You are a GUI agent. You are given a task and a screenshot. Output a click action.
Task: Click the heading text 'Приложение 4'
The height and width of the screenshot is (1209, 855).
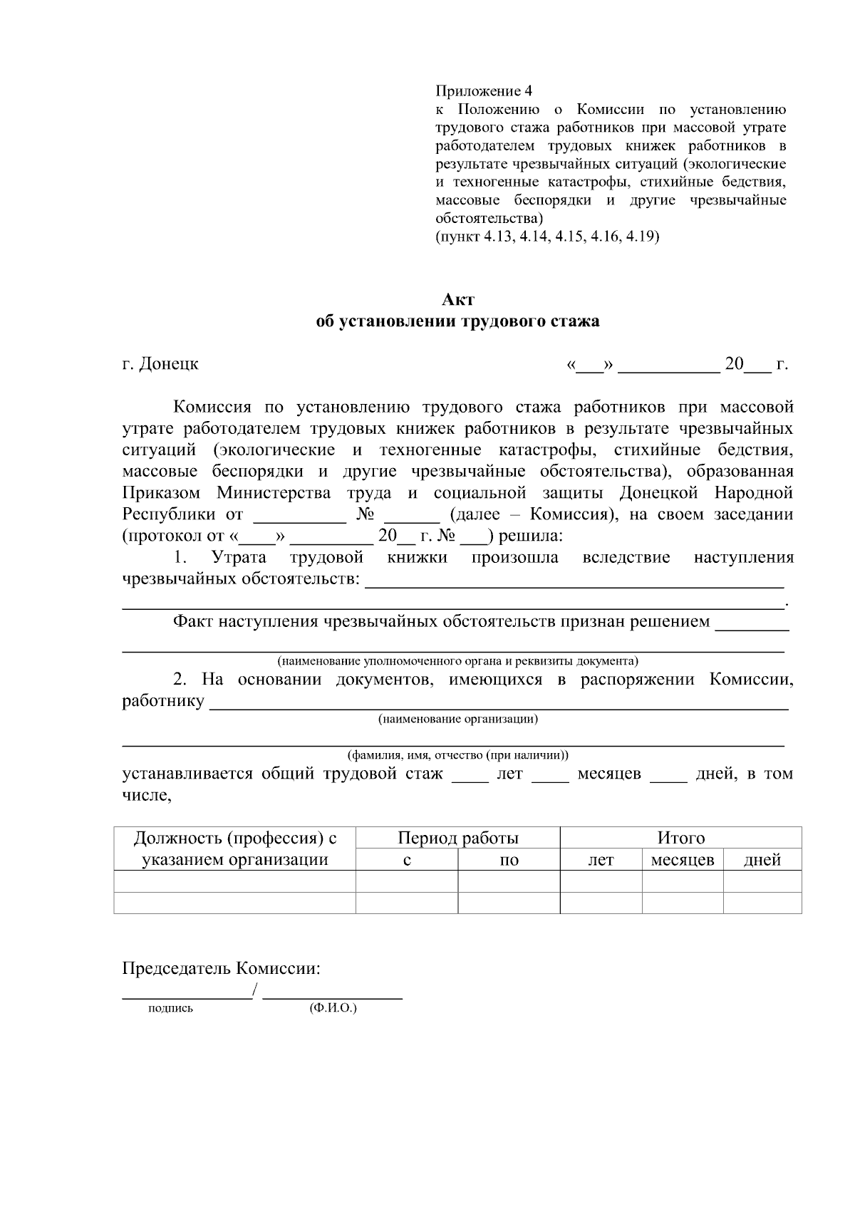tap(483, 91)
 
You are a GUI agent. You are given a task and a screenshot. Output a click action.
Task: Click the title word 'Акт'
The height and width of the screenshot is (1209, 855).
tap(457, 300)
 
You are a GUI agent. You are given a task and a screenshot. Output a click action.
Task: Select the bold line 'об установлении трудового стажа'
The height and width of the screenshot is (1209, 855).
tap(457, 321)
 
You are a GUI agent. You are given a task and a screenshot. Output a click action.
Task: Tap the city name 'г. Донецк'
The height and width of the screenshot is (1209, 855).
tap(160, 364)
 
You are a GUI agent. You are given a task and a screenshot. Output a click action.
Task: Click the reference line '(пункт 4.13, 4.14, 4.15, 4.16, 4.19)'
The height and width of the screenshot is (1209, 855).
tap(547, 237)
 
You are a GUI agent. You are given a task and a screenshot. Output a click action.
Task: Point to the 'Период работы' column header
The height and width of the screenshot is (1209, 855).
tap(457, 838)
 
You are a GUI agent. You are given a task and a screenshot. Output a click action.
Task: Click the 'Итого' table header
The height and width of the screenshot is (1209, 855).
tap(680, 838)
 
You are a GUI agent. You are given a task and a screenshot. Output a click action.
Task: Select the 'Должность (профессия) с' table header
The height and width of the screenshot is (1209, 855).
tap(234, 838)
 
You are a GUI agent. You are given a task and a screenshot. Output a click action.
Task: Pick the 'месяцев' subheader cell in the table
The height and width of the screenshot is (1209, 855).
tap(683, 860)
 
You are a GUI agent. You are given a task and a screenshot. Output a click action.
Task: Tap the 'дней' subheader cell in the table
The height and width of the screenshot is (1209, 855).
tap(762, 860)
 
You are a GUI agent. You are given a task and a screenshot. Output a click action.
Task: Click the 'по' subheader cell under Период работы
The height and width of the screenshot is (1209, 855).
tap(509, 860)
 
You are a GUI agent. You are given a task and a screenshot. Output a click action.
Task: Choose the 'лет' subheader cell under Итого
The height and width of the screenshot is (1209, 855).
tap(600, 860)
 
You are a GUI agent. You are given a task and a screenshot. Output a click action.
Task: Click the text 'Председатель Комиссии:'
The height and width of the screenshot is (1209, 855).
tap(221, 969)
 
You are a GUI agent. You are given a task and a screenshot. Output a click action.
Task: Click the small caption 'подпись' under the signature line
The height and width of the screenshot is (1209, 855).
tap(170, 1009)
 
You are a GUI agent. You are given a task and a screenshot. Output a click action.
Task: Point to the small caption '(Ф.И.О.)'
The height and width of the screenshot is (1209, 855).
tap(333, 1008)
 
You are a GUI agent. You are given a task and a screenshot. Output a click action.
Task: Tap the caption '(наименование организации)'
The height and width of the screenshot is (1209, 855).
tap(457, 719)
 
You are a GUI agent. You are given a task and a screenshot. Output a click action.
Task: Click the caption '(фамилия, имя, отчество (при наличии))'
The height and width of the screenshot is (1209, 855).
tap(457, 755)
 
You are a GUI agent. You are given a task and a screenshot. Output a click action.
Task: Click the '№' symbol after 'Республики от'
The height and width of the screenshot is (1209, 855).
tap(365, 514)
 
